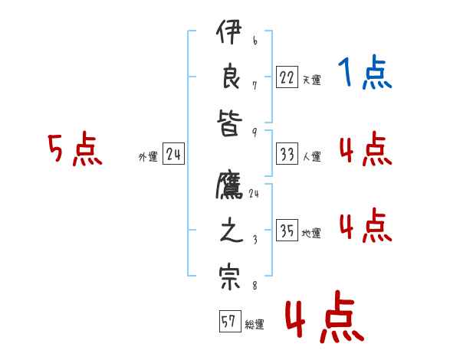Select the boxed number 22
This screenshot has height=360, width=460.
[287, 77]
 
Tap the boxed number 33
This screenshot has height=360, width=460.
[287, 154]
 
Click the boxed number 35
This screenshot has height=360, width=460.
[287, 231]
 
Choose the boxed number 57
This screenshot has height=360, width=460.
[228, 322]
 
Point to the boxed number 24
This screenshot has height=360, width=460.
[173, 154]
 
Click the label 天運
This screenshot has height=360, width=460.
[311, 80]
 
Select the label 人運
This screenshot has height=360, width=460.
[311, 157]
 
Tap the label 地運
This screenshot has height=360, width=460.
[311, 234]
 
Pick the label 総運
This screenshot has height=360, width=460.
[255, 325]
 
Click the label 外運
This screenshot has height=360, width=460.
[148, 157]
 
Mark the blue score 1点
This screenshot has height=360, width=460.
[364, 74]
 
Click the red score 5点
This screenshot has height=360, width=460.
[74, 149]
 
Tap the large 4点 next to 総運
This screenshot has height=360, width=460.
[324, 319]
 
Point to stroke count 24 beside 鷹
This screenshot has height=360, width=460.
[254, 194]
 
